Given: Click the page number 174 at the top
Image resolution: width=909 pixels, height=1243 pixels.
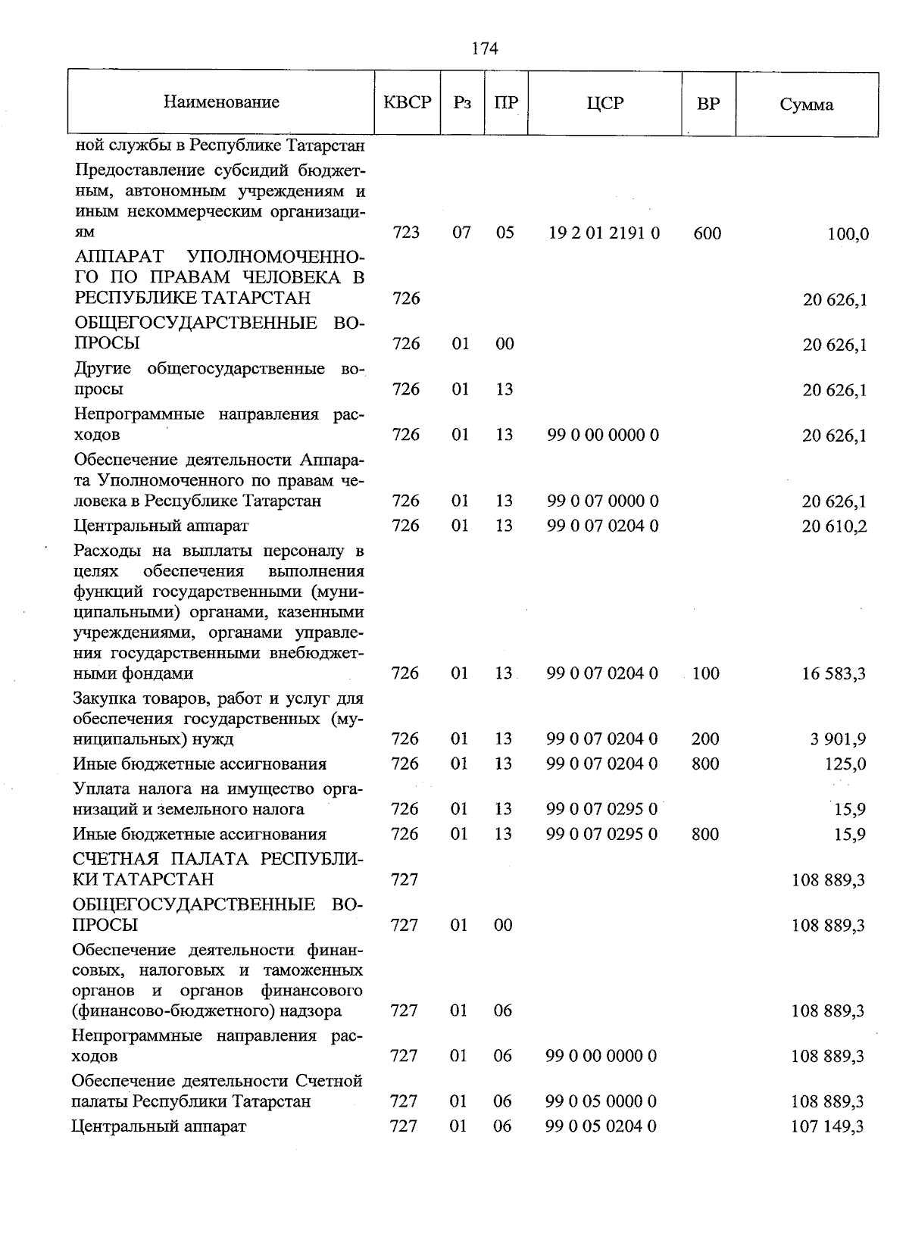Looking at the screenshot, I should click(x=485, y=49).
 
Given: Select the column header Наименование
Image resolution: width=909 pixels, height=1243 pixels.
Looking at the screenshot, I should click(x=221, y=102).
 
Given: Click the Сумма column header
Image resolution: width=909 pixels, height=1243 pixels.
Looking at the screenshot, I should click(x=807, y=105).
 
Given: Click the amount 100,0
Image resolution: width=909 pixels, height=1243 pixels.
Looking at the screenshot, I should click(x=848, y=234).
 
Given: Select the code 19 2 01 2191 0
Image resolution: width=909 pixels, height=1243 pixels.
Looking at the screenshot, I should click(x=604, y=233).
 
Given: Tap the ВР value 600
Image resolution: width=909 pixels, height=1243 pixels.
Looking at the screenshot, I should click(x=707, y=233).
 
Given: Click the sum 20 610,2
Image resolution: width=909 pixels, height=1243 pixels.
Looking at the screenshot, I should click(x=835, y=526).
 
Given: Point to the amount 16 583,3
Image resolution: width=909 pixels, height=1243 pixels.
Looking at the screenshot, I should click(x=835, y=674).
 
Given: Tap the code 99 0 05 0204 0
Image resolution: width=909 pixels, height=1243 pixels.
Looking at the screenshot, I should click(x=601, y=1126).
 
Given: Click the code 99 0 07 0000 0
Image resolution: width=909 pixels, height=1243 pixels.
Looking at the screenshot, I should click(x=603, y=501).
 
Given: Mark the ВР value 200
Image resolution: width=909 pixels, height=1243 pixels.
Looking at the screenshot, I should click(x=705, y=739).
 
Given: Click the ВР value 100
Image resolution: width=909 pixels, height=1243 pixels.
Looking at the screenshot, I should click(x=705, y=673).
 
